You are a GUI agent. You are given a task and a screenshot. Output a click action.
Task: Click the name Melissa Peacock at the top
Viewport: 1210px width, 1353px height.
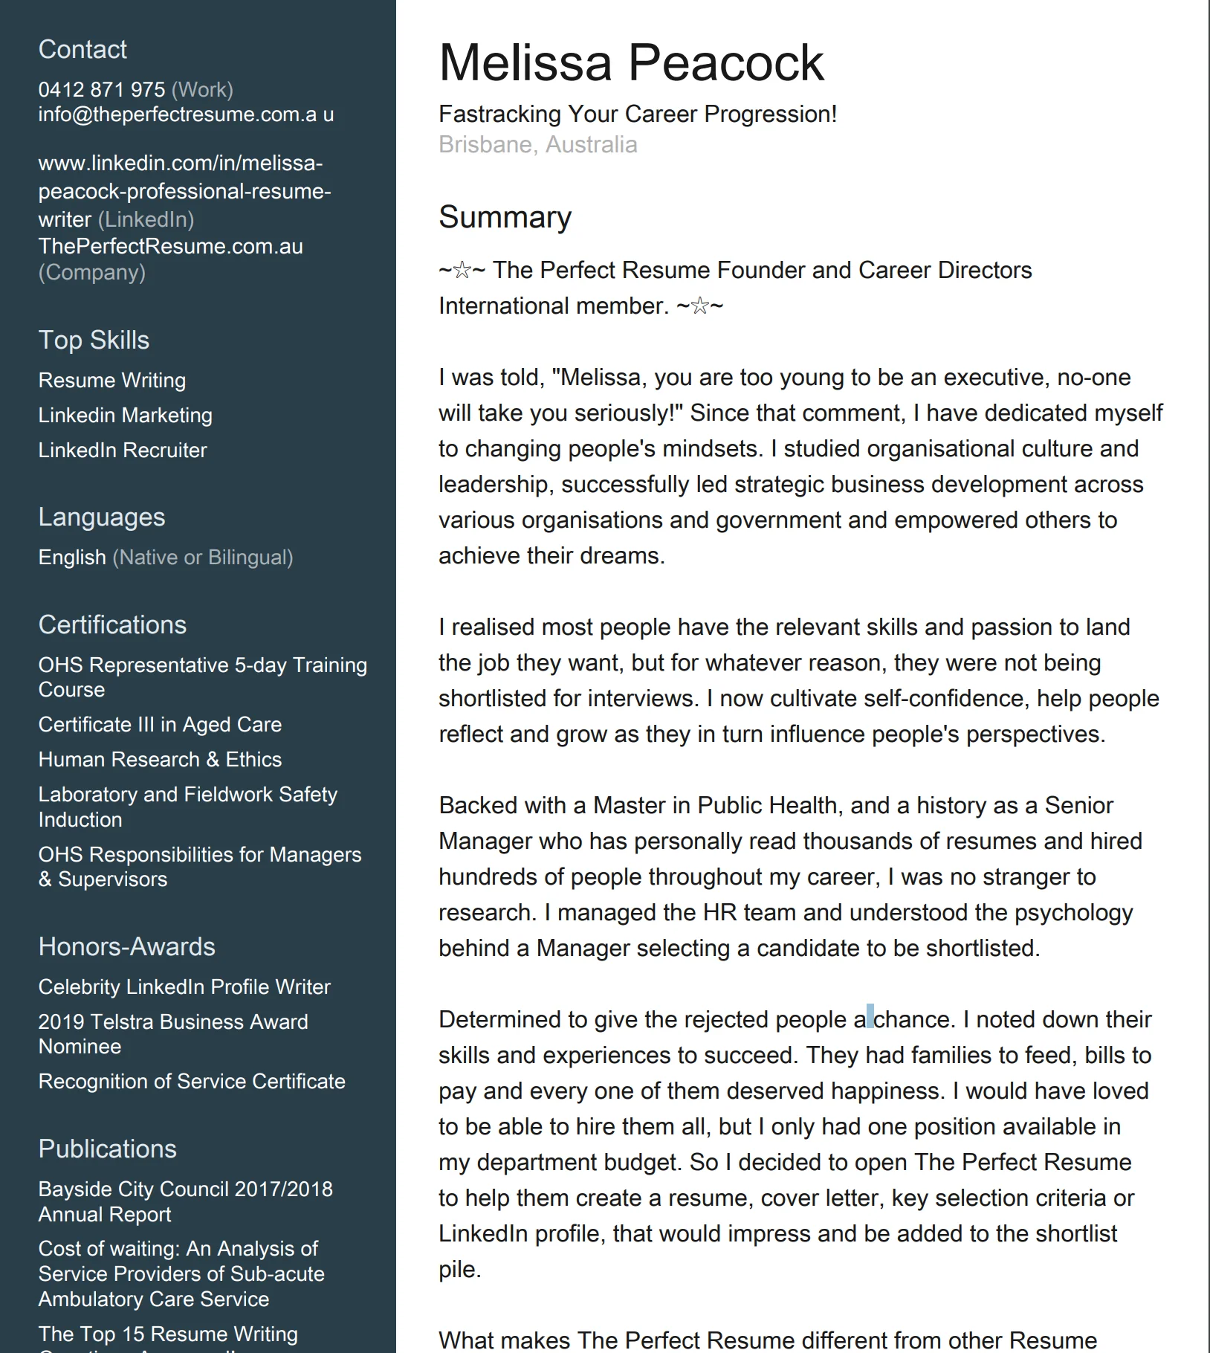coord(631,62)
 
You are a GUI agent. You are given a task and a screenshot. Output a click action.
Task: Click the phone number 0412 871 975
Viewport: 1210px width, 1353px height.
coord(102,90)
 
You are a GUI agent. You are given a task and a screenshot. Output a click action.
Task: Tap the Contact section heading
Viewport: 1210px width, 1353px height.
coord(82,49)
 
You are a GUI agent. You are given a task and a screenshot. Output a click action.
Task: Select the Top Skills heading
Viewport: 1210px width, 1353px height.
coord(94,340)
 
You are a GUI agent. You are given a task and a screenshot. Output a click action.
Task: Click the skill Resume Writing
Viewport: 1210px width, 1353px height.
coord(112,380)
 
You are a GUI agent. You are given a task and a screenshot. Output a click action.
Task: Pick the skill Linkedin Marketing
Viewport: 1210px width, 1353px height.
coord(125,415)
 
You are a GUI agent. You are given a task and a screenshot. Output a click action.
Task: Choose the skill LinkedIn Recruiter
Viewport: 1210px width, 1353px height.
coord(123,450)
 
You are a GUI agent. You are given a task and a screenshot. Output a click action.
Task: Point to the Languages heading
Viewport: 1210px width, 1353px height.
coord(102,517)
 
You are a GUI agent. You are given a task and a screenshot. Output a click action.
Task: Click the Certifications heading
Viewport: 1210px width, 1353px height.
coord(112,624)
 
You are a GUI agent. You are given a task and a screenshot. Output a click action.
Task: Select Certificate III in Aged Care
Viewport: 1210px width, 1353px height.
coord(160,724)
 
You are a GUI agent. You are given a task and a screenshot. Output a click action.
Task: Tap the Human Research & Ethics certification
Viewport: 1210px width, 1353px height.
coord(160,759)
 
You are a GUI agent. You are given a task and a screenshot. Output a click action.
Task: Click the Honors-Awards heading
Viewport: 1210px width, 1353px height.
coord(126,946)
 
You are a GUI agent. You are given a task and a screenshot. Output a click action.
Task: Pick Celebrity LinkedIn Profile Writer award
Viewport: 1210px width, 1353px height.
coord(184,987)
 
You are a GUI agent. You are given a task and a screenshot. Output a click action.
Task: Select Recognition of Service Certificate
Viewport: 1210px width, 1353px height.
coord(192,1081)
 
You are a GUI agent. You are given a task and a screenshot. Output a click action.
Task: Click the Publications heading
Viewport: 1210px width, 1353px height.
coord(107,1149)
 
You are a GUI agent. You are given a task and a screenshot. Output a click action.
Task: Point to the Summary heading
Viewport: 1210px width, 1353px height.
coord(505,217)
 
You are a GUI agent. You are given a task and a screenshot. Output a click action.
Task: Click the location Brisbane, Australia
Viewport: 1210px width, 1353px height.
coord(537,144)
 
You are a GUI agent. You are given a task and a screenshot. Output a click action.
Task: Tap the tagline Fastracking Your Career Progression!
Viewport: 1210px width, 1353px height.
coord(637,114)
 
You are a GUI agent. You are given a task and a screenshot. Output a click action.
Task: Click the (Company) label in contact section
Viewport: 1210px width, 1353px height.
coord(92,272)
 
